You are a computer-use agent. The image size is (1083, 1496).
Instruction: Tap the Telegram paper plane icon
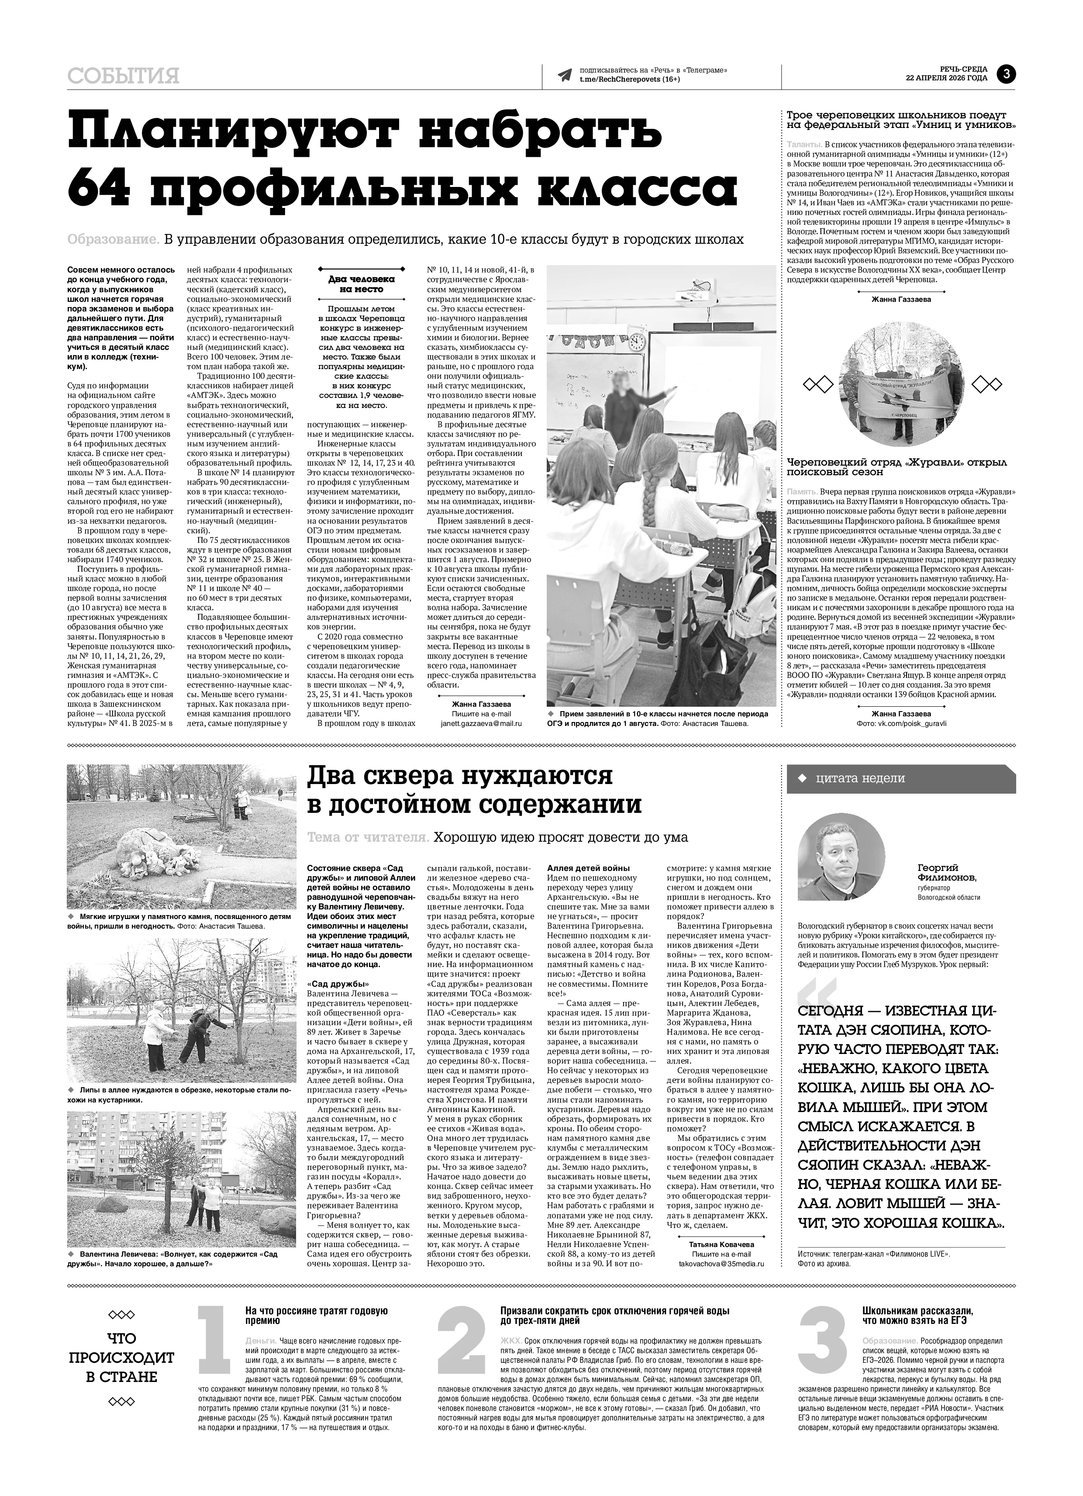point(564,75)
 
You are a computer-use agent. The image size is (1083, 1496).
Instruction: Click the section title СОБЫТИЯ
point(123,76)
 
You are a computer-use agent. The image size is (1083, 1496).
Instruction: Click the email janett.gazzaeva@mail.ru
point(481,723)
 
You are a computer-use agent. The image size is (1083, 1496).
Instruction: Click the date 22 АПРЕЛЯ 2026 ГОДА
point(946,78)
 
